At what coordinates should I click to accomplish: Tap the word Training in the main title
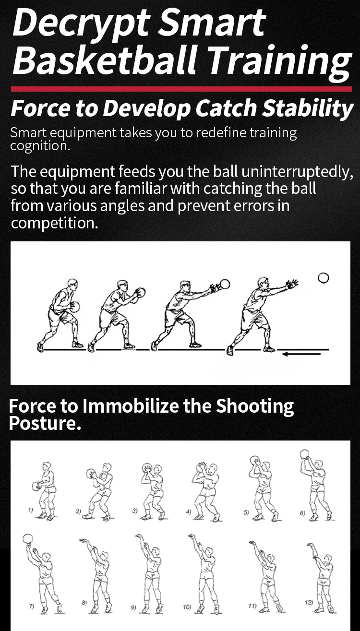tap(279, 60)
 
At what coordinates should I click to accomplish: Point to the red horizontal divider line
tap(182, 89)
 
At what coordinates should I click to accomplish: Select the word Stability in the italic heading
tap(308, 108)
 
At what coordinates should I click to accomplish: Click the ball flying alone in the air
tap(323, 278)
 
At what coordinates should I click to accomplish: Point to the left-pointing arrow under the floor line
tap(301, 354)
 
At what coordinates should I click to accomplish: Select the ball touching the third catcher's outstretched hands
tap(225, 284)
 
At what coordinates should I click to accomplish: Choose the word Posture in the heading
tap(42, 423)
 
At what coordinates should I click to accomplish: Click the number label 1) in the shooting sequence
tap(30, 510)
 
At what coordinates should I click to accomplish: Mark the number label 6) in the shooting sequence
tap(302, 513)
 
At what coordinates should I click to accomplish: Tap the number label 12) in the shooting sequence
tap(309, 602)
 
